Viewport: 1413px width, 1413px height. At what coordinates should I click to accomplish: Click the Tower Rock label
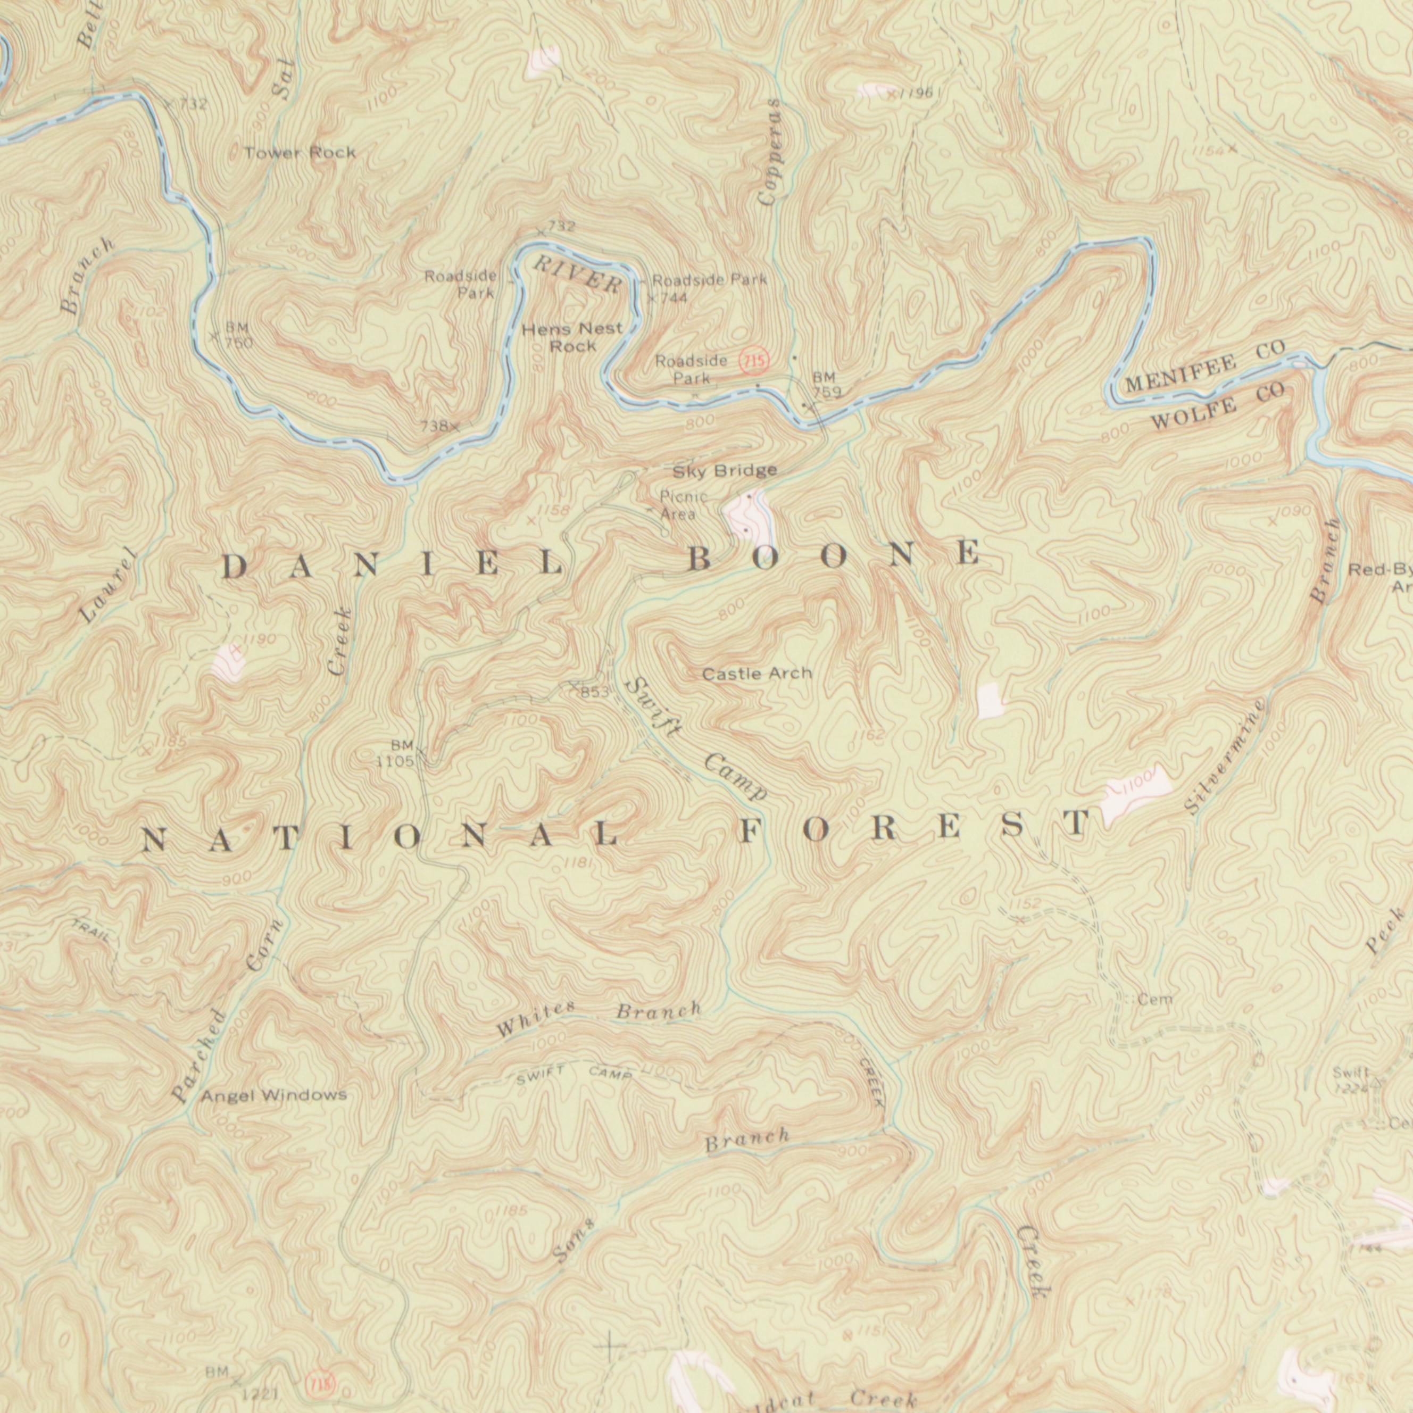coord(300,153)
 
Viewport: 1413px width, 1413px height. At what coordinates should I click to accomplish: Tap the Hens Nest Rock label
coord(572,337)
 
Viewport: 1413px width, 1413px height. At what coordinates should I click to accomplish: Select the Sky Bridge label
coord(724,471)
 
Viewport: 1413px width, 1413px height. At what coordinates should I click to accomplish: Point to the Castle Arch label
coord(757,673)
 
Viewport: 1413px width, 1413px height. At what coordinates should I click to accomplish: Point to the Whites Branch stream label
coord(599,1019)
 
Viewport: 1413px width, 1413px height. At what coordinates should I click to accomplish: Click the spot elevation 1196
coord(913,94)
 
